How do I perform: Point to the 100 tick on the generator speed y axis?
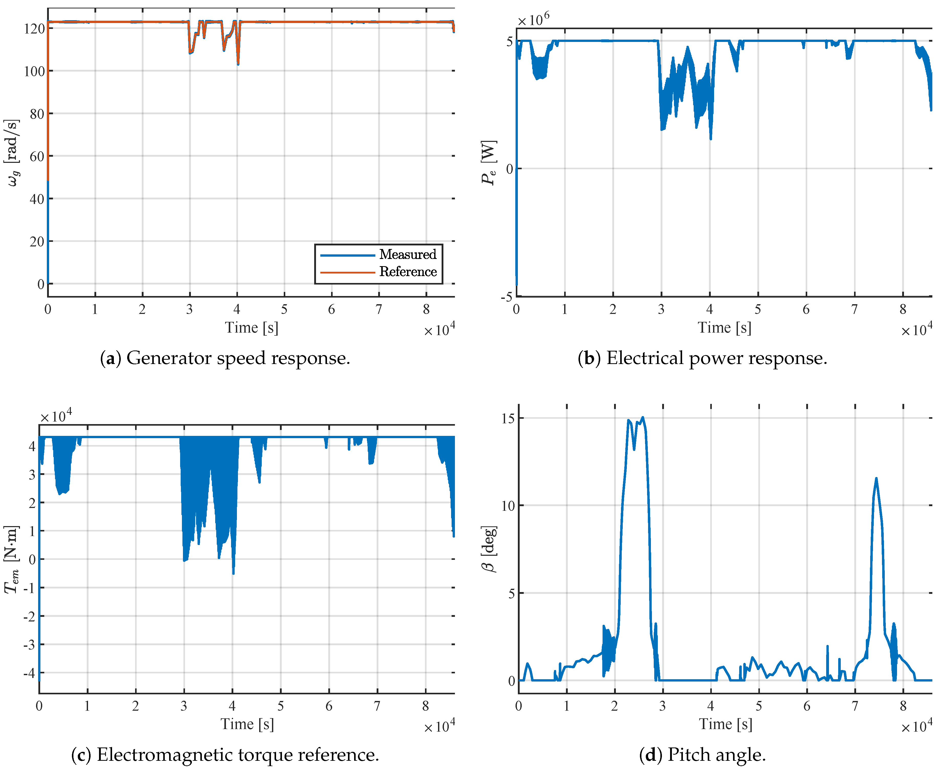click(x=34, y=71)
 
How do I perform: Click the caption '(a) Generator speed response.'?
click(x=225, y=358)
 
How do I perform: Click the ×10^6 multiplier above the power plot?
click(x=533, y=19)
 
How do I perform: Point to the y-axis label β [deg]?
click(x=489, y=549)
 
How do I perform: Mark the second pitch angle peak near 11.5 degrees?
click(x=876, y=478)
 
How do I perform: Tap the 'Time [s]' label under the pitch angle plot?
click(x=726, y=724)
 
